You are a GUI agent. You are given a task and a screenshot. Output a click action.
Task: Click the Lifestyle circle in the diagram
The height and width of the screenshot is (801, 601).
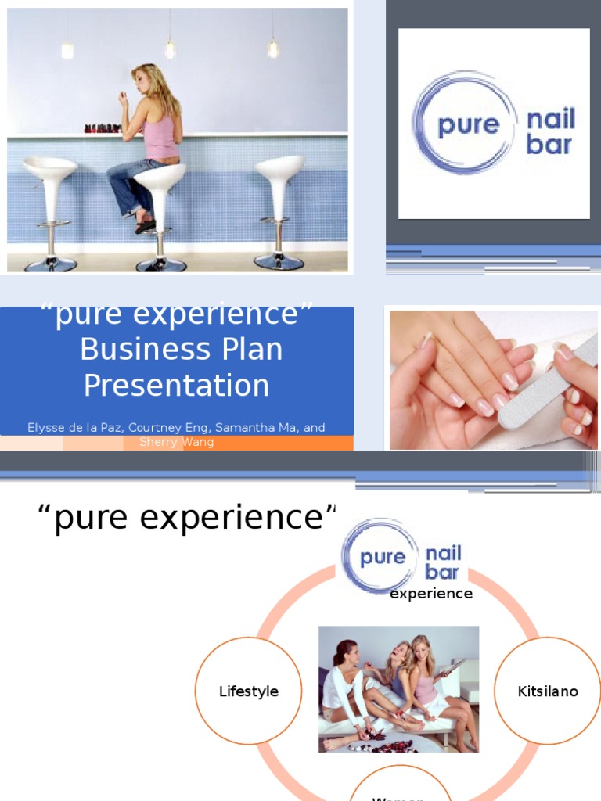tap(248, 691)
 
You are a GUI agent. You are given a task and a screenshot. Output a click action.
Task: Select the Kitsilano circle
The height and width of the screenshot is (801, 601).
tap(548, 691)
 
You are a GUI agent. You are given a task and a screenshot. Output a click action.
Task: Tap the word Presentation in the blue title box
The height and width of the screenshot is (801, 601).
tap(176, 386)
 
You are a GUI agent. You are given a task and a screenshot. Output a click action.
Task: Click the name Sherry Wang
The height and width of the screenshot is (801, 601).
tap(176, 442)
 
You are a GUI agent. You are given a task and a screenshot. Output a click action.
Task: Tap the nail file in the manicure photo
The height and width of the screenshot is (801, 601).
tap(547, 383)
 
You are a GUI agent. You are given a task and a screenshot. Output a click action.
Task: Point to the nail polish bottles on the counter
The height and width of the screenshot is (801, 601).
tap(102, 128)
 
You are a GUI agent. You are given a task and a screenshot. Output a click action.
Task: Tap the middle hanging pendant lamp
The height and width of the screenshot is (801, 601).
tap(170, 48)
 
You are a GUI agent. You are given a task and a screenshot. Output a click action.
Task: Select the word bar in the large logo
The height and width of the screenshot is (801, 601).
tap(549, 145)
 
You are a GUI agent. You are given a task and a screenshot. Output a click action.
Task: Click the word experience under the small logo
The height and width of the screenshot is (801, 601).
tap(431, 594)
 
